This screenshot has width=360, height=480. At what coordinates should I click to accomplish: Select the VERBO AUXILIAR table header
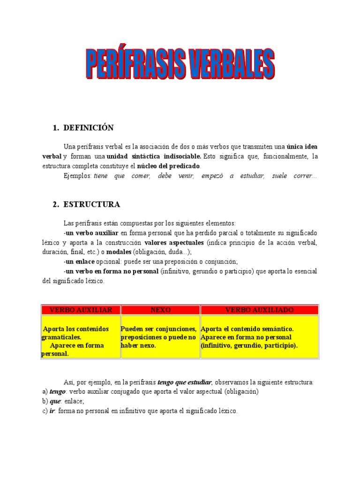[x=81, y=310]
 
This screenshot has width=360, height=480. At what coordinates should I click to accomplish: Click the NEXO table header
[x=160, y=310]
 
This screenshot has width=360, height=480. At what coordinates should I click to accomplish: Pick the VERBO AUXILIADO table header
[x=259, y=310]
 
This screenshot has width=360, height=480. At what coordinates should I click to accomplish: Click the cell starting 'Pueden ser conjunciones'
[x=158, y=337]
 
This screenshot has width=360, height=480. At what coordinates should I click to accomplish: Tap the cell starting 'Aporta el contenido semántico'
[x=248, y=337]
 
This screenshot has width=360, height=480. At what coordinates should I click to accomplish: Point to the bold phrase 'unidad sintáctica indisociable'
[x=154, y=156]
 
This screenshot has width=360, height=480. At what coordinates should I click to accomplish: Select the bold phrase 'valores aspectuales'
[x=174, y=242]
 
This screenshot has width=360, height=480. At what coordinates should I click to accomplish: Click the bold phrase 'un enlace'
[x=79, y=261]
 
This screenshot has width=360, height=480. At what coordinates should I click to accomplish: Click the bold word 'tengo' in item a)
[x=58, y=392]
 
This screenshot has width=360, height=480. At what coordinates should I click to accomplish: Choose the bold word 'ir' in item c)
[x=52, y=411]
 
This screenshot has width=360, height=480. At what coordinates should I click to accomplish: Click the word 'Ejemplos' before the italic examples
[x=77, y=176]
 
